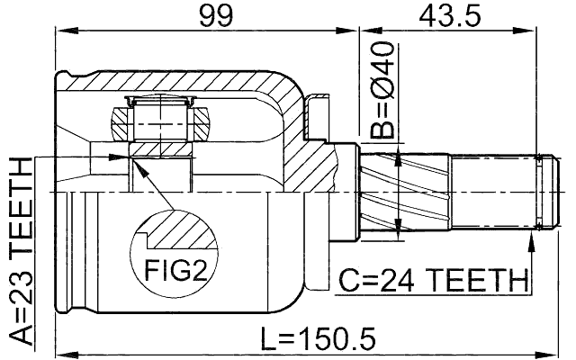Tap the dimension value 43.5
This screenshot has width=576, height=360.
(447, 16)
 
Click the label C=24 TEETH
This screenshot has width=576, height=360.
(431, 282)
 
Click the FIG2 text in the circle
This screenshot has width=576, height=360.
(175, 269)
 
